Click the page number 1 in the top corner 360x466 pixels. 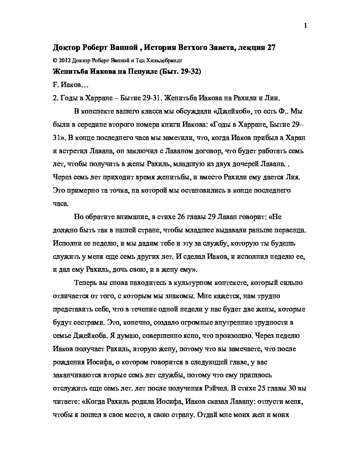click(x=305, y=26)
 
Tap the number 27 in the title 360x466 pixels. click(x=271, y=48)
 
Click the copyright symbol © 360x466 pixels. click(x=55, y=61)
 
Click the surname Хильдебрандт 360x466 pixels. click(x=164, y=61)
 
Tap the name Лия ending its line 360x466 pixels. click(x=292, y=177)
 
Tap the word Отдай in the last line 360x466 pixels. click(x=203, y=415)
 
